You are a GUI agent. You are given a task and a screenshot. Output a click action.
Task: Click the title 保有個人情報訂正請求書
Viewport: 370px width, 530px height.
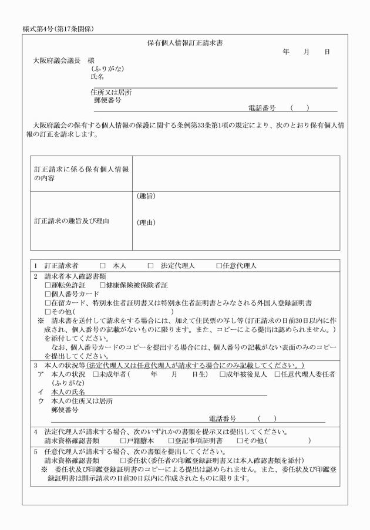click(184, 43)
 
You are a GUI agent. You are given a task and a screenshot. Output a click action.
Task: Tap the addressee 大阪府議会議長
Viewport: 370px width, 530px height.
click(56, 60)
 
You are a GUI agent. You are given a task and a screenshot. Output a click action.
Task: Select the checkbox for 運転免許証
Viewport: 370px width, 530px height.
click(48, 285)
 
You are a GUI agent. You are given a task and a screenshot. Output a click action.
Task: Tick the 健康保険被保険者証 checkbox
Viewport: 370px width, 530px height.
click(103, 285)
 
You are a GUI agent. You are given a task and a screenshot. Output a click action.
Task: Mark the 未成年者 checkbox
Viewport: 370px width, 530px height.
click(96, 374)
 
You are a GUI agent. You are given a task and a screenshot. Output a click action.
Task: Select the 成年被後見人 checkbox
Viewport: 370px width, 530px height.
click(223, 374)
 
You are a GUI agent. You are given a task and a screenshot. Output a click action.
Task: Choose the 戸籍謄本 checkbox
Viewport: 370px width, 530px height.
click(123, 440)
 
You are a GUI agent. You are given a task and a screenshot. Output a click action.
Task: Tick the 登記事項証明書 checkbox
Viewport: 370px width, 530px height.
click(171, 440)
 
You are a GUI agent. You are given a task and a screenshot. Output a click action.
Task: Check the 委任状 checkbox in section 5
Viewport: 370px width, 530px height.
click(123, 461)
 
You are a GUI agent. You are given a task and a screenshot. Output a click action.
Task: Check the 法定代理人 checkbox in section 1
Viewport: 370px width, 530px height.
click(150, 266)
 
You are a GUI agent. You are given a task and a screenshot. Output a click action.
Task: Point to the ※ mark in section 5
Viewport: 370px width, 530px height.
click(43, 470)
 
